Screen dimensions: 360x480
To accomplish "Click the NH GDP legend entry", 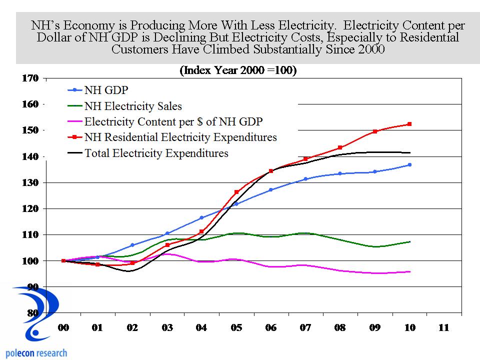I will coord(106,90).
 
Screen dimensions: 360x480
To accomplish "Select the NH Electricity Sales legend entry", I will coord(133,106).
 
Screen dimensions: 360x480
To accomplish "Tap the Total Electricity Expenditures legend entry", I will coord(156,153).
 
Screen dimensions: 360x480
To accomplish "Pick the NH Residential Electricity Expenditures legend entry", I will coord(180,137).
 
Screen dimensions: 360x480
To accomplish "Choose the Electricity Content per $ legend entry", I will coord(173,121).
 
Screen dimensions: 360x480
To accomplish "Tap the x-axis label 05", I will coord(236,328).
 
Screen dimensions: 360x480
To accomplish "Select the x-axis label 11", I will coord(443,328).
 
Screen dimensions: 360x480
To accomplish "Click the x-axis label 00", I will coord(63,328).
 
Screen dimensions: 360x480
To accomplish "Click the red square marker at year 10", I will coord(409,124).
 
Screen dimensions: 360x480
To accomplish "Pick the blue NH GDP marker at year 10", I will coord(409,164).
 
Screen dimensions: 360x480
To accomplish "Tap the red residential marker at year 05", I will coord(236,192).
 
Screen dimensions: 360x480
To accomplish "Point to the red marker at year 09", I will coord(375,131).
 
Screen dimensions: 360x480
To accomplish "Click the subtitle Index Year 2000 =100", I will coord(238,70).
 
